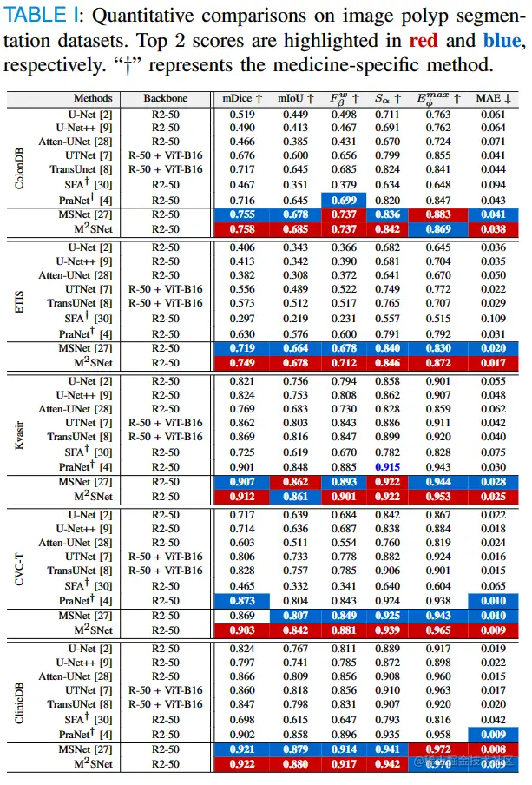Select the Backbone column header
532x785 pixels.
click(165, 99)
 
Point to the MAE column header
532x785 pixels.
click(492, 99)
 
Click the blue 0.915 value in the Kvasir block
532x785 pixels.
click(387, 467)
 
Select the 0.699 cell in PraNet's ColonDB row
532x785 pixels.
click(345, 201)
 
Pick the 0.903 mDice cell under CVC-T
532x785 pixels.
click(242, 630)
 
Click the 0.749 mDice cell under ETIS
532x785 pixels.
click(242, 362)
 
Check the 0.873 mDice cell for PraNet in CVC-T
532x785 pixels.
click(242, 599)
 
